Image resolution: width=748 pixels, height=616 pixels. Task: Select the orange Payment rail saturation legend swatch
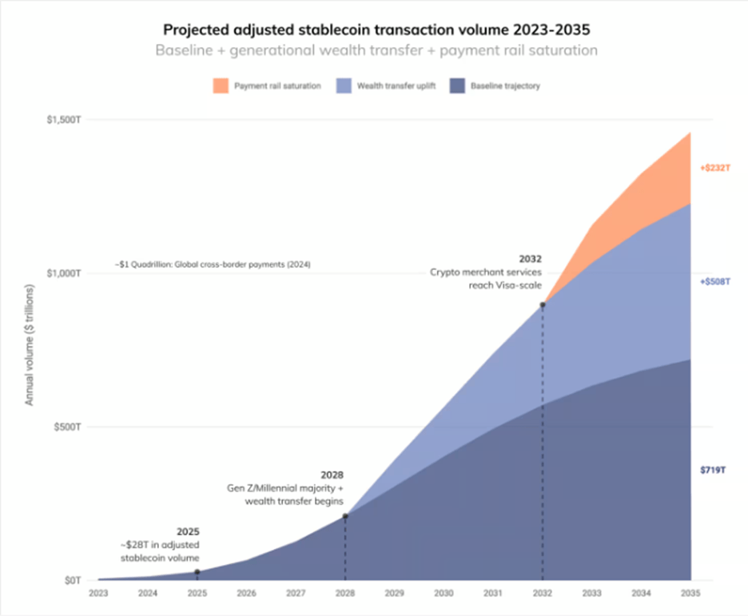(220, 85)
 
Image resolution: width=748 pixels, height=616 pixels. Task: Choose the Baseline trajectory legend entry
(505, 86)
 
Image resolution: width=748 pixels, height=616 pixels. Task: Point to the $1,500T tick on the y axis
(63, 119)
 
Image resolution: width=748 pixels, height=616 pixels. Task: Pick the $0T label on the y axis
(72, 579)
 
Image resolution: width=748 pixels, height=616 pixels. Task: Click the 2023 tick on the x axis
(98, 594)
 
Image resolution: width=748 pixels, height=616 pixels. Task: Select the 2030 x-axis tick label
(444, 594)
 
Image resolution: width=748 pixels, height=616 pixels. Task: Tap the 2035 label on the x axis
(690, 594)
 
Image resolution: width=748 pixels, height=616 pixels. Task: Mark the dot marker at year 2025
(197, 571)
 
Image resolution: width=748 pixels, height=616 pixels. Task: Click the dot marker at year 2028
(345, 516)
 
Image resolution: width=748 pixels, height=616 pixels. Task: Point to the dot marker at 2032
(543, 304)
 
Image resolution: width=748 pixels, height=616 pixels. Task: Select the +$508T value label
(715, 281)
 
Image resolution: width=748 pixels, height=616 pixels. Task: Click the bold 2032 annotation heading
(530, 259)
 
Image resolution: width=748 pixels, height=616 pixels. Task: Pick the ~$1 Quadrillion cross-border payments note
(213, 264)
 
